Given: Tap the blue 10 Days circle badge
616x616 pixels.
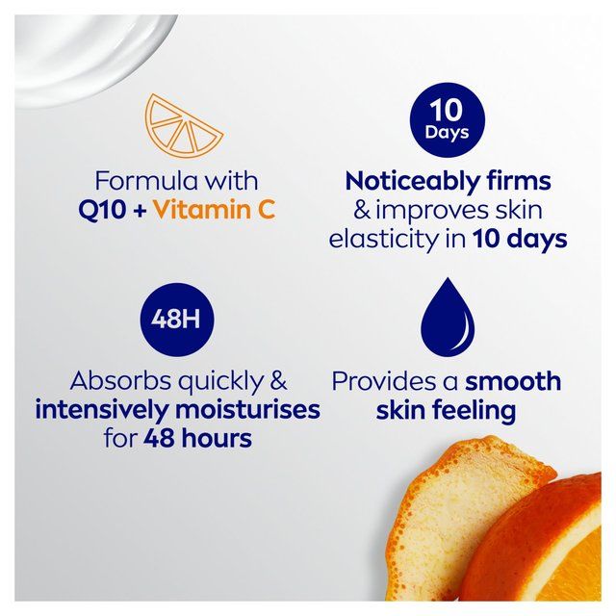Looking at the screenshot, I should click(x=446, y=118).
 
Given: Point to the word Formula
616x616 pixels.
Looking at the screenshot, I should click(x=137, y=180).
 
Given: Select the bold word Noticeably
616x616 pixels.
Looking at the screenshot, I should click(x=410, y=180).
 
